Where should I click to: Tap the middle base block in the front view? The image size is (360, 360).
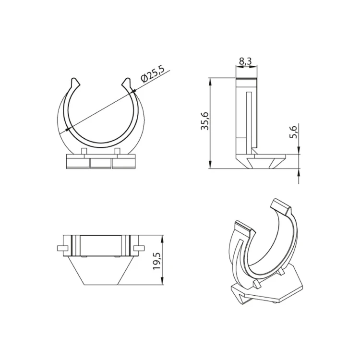point(100,162)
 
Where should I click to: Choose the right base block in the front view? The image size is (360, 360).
point(124,162)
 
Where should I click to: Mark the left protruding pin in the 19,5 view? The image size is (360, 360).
point(61,248)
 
